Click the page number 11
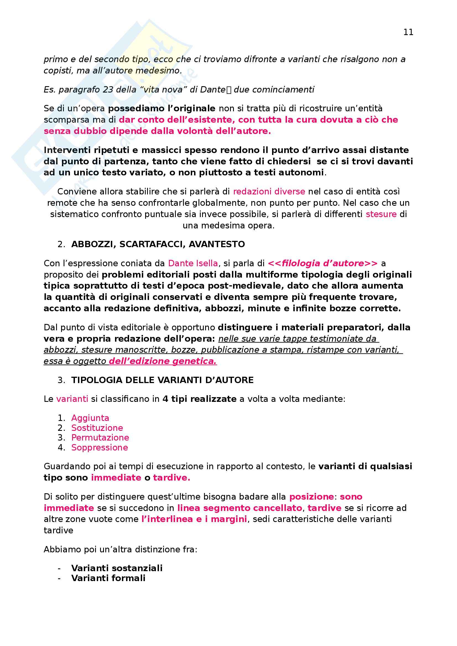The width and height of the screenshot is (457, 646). [x=408, y=32]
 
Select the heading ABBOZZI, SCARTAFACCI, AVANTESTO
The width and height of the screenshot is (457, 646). [x=158, y=244]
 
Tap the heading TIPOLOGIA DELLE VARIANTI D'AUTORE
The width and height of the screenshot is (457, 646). [x=162, y=380]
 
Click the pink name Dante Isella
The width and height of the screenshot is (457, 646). [x=193, y=263]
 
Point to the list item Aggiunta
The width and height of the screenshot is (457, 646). [x=90, y=418]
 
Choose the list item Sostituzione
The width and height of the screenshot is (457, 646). [x=97, y=428]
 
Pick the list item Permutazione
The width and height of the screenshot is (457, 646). [x=100, y=437]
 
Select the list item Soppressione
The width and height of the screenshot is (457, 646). [x=100, y=447]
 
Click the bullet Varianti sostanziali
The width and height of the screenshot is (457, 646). [x=117, y=568]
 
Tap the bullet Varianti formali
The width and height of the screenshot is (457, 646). [x=108, y=578]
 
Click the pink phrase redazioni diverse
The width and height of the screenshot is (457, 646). [x=269, y=192]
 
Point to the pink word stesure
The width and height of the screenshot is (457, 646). [x=381, y=214]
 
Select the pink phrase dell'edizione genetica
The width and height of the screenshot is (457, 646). [x=163, y=361]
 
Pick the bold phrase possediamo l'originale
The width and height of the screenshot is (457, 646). [x=162, y=108]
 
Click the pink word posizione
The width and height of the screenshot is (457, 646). [x=311, y=497]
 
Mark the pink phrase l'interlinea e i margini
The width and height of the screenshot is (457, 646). [x=194, y=519]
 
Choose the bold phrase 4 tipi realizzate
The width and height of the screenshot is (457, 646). [x=199, y=399]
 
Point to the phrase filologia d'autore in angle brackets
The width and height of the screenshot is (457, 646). [x=323, y=263]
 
